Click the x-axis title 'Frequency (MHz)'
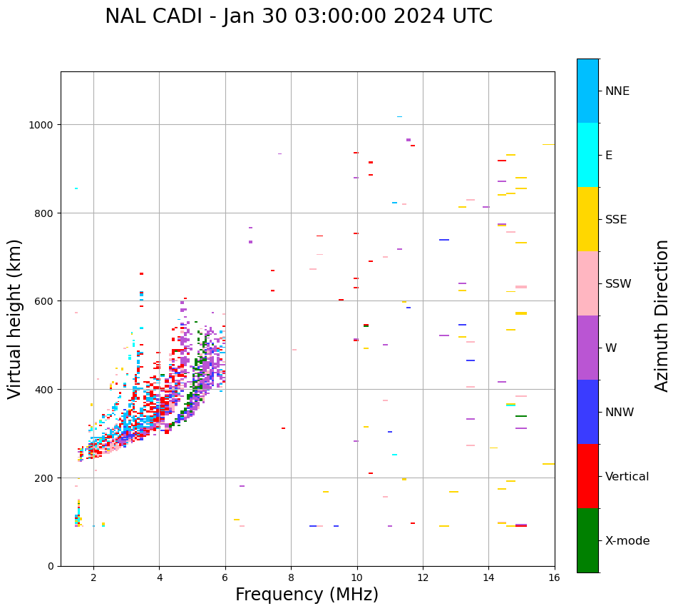pos(307,595)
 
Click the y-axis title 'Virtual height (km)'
pos(15,318)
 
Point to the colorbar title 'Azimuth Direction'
pos(662,315)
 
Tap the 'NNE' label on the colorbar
pos(617,91)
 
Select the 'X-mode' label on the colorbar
pos(627,540)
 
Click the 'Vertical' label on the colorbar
pos(627,476)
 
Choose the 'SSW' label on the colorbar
pos(618,283)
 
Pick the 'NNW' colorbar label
pos(620,412)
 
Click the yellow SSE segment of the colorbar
pos(587,219)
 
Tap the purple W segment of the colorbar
pos(587,348)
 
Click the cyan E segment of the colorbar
pos(587,155)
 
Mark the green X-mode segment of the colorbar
pos(587,540)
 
